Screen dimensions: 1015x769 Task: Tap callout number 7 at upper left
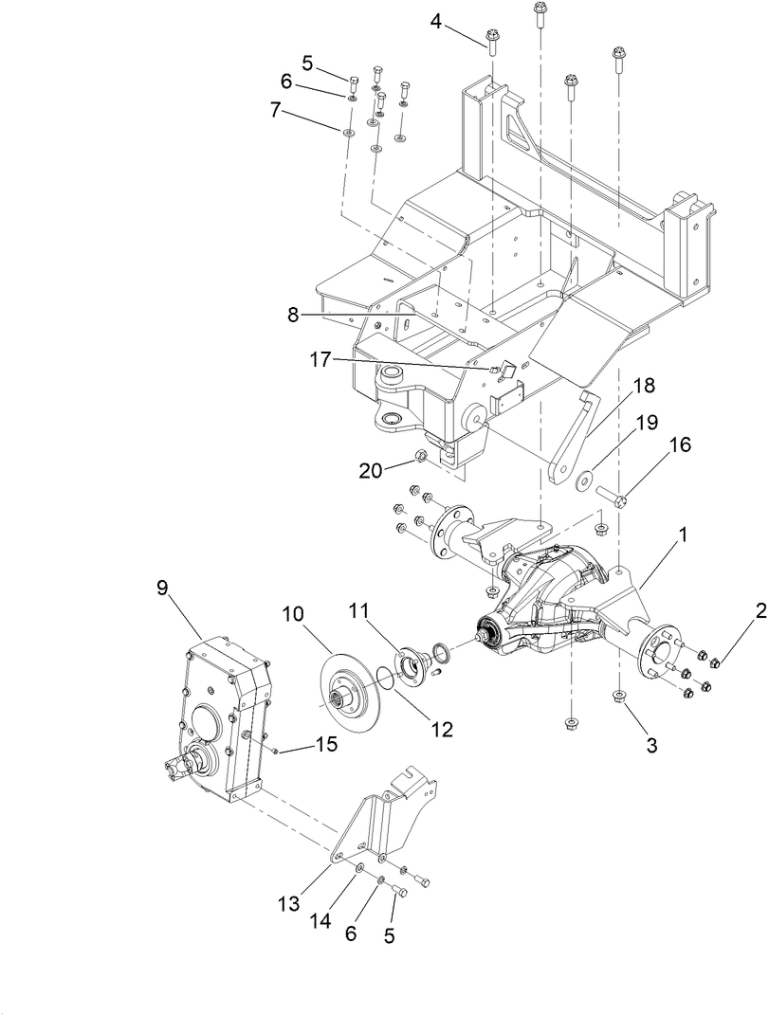pos(275,110)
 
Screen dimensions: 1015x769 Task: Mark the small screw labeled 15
pos(274,750)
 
